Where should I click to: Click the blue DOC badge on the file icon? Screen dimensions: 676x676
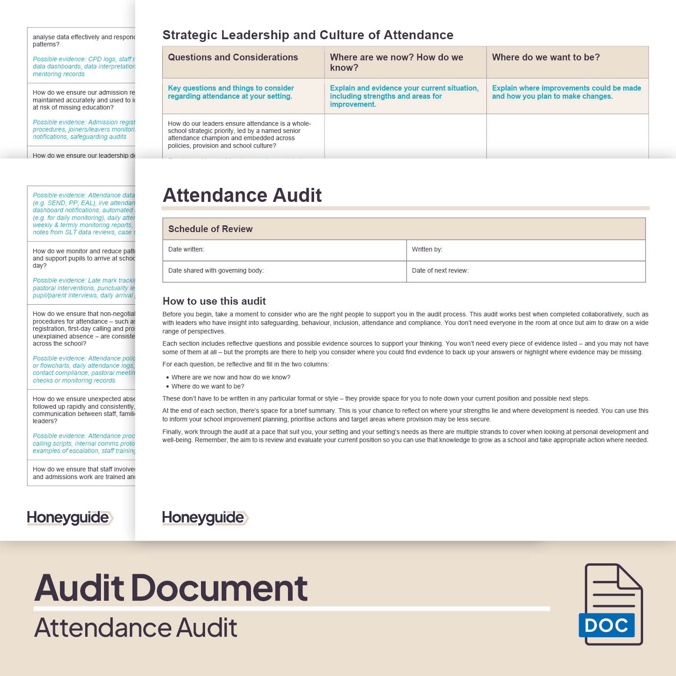606,625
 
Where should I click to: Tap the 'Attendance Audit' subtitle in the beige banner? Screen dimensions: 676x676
136,628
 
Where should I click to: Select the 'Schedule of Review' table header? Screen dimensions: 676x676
210,229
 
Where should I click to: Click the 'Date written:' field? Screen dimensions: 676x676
284,250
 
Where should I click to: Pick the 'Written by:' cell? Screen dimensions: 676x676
525,250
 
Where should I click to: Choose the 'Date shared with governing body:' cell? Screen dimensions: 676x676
284,271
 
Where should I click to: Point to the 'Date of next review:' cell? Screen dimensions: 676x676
525,271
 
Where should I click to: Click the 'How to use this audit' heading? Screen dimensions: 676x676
214,301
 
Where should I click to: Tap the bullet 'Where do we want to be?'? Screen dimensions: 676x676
208,386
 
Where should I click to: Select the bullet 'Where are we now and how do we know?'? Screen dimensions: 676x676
231,377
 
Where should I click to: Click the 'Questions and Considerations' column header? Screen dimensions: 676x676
233,58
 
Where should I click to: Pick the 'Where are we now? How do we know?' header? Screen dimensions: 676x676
397,62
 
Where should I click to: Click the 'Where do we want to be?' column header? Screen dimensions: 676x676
546,58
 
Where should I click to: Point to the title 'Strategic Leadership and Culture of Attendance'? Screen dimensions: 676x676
308,35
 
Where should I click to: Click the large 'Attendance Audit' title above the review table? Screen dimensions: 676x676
242,195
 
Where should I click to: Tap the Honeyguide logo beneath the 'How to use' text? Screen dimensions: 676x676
205,518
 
